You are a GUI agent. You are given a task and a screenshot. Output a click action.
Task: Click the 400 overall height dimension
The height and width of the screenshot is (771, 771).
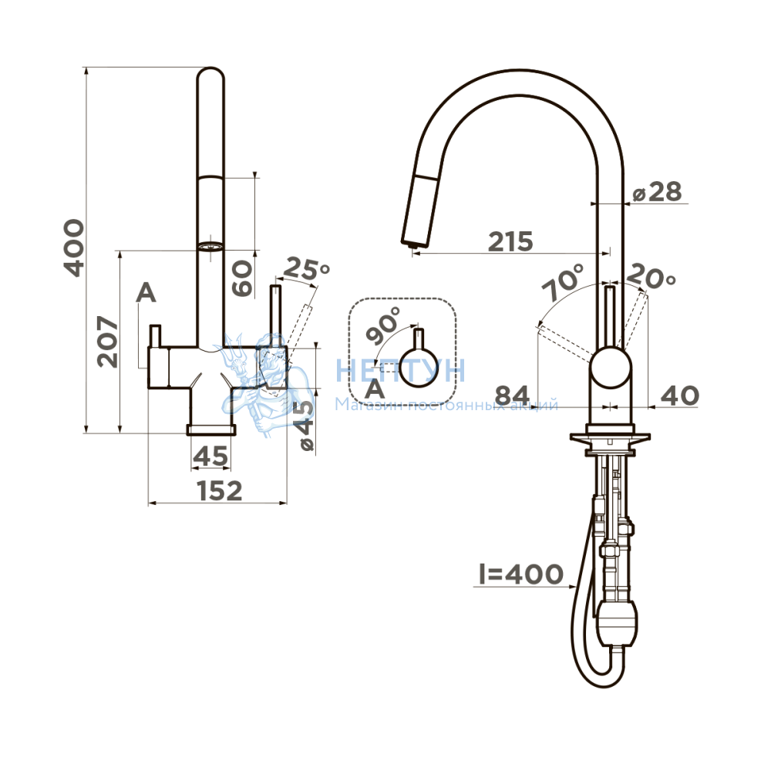(74, 247)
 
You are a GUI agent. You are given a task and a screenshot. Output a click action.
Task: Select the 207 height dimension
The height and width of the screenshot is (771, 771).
(108, 342)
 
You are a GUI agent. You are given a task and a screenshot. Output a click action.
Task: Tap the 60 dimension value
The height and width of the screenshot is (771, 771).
(242, 278)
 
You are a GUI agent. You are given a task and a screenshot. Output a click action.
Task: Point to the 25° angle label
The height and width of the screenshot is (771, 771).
(307, 268)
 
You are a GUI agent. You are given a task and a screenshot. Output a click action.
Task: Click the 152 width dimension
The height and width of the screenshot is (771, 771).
(219, 490)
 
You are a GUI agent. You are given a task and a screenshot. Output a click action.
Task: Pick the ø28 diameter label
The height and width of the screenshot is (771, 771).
(658, 192)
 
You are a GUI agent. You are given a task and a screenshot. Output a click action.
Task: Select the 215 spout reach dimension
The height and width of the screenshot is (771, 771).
(510, 241)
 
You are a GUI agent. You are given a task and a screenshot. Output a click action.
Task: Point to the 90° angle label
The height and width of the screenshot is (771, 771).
(383, 325)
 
